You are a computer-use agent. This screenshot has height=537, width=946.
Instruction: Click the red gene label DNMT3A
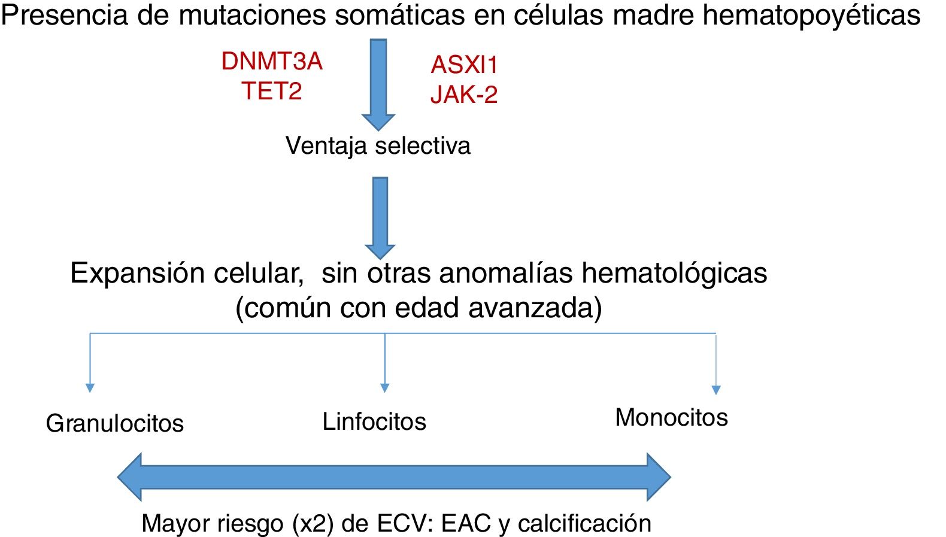tap(272, 62)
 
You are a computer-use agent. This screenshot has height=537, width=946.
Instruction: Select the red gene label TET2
tap(272, 91)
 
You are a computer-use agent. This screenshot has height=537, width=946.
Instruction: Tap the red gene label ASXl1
tap(464, 65)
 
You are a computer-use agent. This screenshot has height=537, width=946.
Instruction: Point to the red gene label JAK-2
tap(464, 95)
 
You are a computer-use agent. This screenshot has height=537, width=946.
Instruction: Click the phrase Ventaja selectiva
tap(378, 145)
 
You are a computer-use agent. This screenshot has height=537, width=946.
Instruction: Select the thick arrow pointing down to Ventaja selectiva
tap(378, 84)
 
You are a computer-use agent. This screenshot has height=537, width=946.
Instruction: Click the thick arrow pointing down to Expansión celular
tap(380, 217)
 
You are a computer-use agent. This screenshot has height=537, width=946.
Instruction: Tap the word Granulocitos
tap(114, 423)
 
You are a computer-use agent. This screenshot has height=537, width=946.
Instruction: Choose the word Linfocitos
tap(374, 421)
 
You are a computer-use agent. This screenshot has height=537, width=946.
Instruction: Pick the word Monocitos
tap(671, 417)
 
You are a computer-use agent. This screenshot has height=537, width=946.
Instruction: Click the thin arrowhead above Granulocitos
tap(90, 388)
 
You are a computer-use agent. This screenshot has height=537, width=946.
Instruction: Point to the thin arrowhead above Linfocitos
tap(385, 388)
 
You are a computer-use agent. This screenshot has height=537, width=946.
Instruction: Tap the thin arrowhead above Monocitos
tap(715, 390)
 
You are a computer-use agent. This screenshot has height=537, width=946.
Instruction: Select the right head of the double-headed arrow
tap(658, 477)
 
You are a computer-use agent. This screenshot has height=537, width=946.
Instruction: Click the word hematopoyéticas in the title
tap(811, 16)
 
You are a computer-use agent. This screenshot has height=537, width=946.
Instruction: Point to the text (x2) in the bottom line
tap(313, 524)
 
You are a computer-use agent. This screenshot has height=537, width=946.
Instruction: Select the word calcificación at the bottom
tap(584, 523)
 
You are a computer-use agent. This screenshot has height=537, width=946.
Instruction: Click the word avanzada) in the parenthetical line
tap(535, 308)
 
